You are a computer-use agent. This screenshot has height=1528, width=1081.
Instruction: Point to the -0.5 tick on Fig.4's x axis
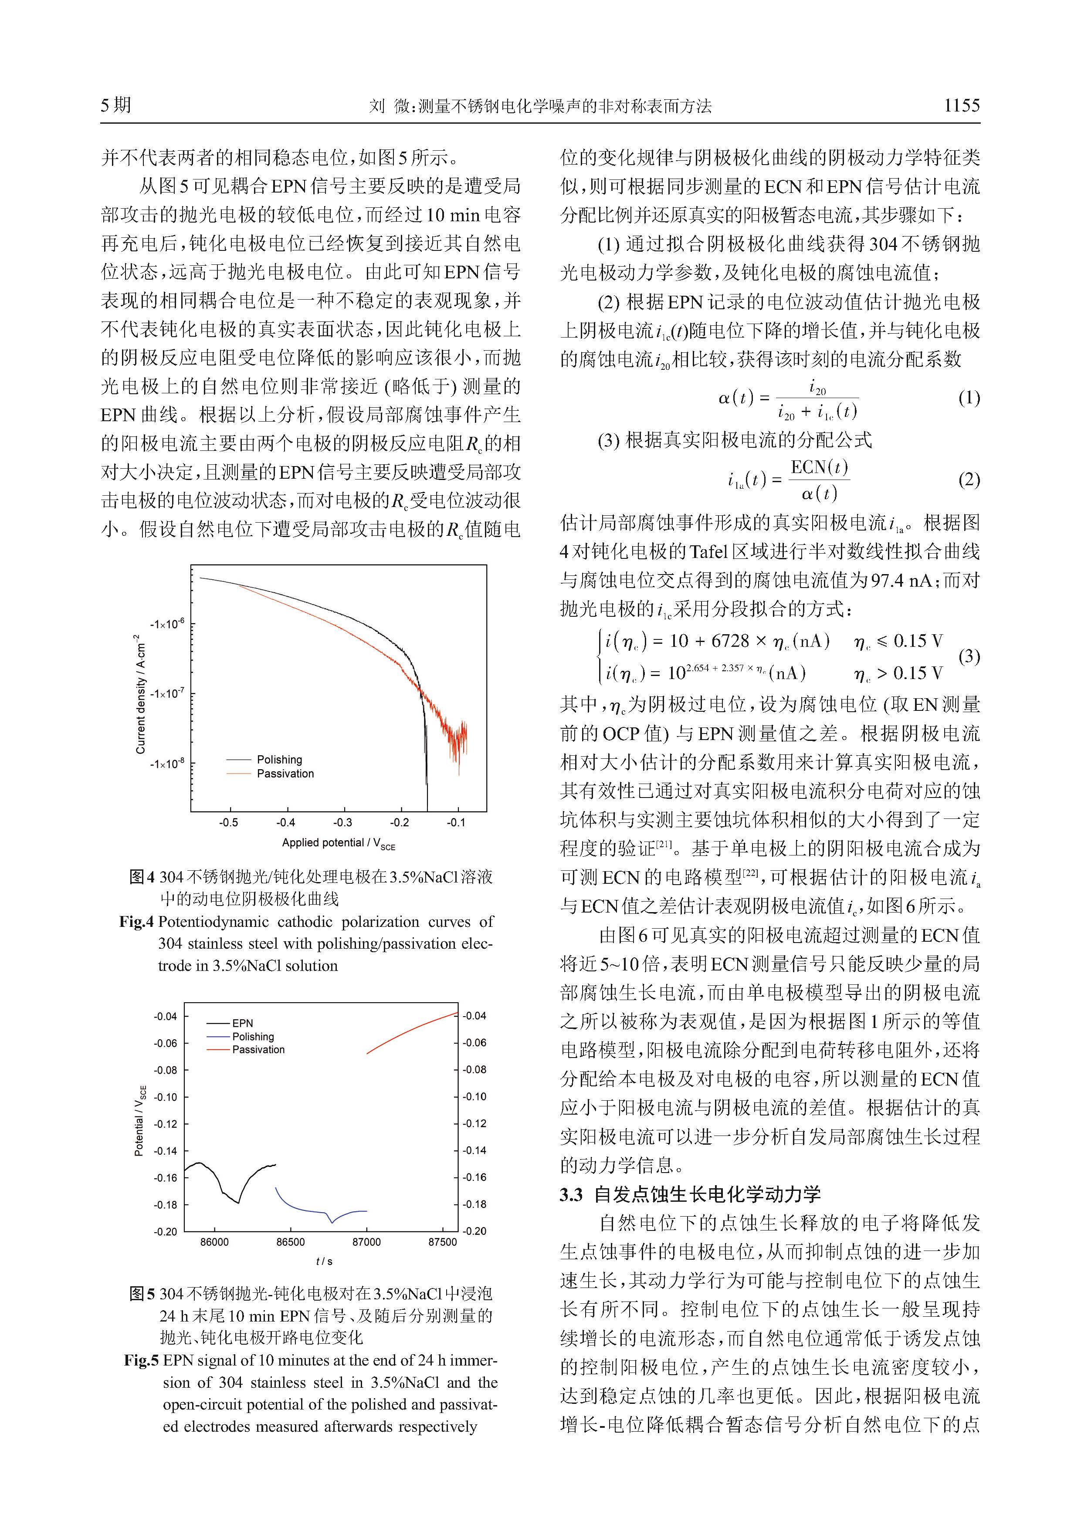coord(228,822)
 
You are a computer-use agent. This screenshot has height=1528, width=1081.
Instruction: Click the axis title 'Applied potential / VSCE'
coord(338,844)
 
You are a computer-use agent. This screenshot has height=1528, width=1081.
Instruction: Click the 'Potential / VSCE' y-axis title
coord(139,1121)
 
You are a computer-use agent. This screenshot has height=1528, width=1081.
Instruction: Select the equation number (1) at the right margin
coord(969,399)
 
